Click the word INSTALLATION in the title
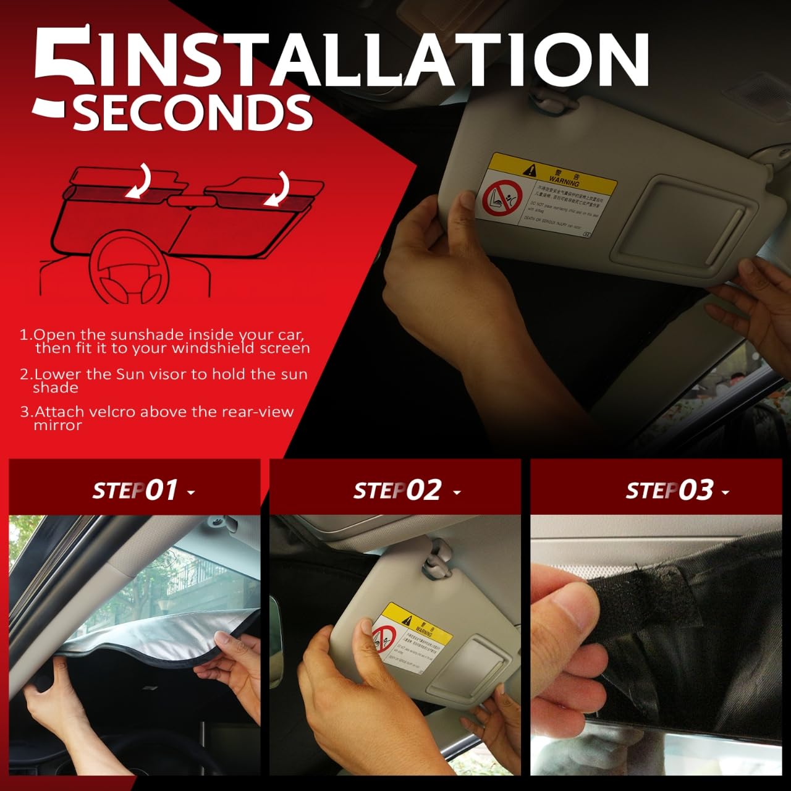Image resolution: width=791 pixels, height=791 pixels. click(371, 59)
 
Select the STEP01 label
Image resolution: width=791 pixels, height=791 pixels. click(136, 491)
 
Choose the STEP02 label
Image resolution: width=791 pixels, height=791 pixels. click(397, 491)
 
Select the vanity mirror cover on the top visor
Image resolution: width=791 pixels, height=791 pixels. click(677, 222)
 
